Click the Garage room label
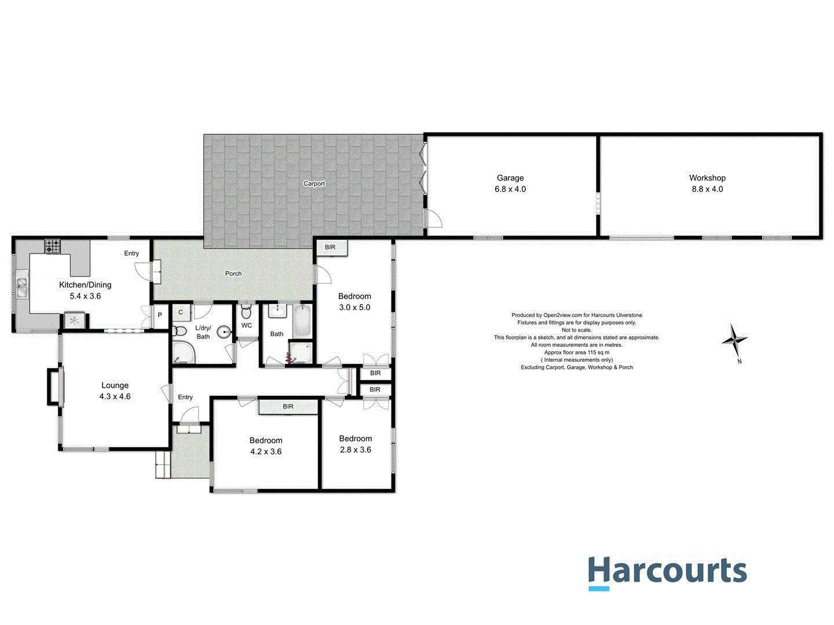point(510,178)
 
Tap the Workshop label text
point(707,178)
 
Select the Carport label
point(314,184)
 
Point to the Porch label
point(233,274)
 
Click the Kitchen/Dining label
point(85,285)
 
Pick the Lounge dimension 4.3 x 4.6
point(115,397)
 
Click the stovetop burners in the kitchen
point(53,247)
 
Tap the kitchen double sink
point(22,287)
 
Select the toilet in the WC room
point(246,312)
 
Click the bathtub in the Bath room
point(302,322)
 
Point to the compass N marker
point(740,362)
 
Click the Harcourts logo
point(667,572)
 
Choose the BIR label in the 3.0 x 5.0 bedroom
point(330,248)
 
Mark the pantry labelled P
point(160,315)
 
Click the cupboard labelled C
point(181,312)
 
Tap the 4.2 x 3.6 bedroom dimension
point(266,452)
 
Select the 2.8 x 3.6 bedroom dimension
point(356,450)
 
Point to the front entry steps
point(163,465)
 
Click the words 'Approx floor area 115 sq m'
point(576,352)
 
